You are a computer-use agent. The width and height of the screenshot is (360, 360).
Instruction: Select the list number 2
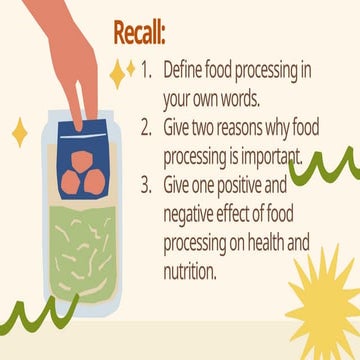(146, 129)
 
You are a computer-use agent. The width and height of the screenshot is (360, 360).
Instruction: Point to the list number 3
(146, 185)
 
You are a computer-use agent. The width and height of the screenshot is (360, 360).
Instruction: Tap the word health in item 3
(294, 241)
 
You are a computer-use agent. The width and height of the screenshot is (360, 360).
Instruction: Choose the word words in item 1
(250, 100)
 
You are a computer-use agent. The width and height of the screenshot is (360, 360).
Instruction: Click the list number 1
(146, 72)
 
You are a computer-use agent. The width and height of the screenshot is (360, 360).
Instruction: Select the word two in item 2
(220, 129)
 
